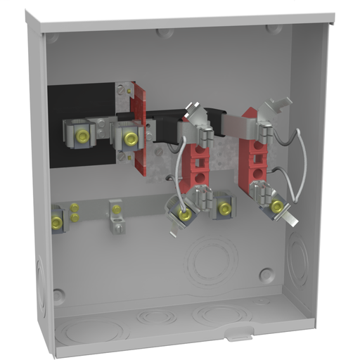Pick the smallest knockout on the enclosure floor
point(154,319)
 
